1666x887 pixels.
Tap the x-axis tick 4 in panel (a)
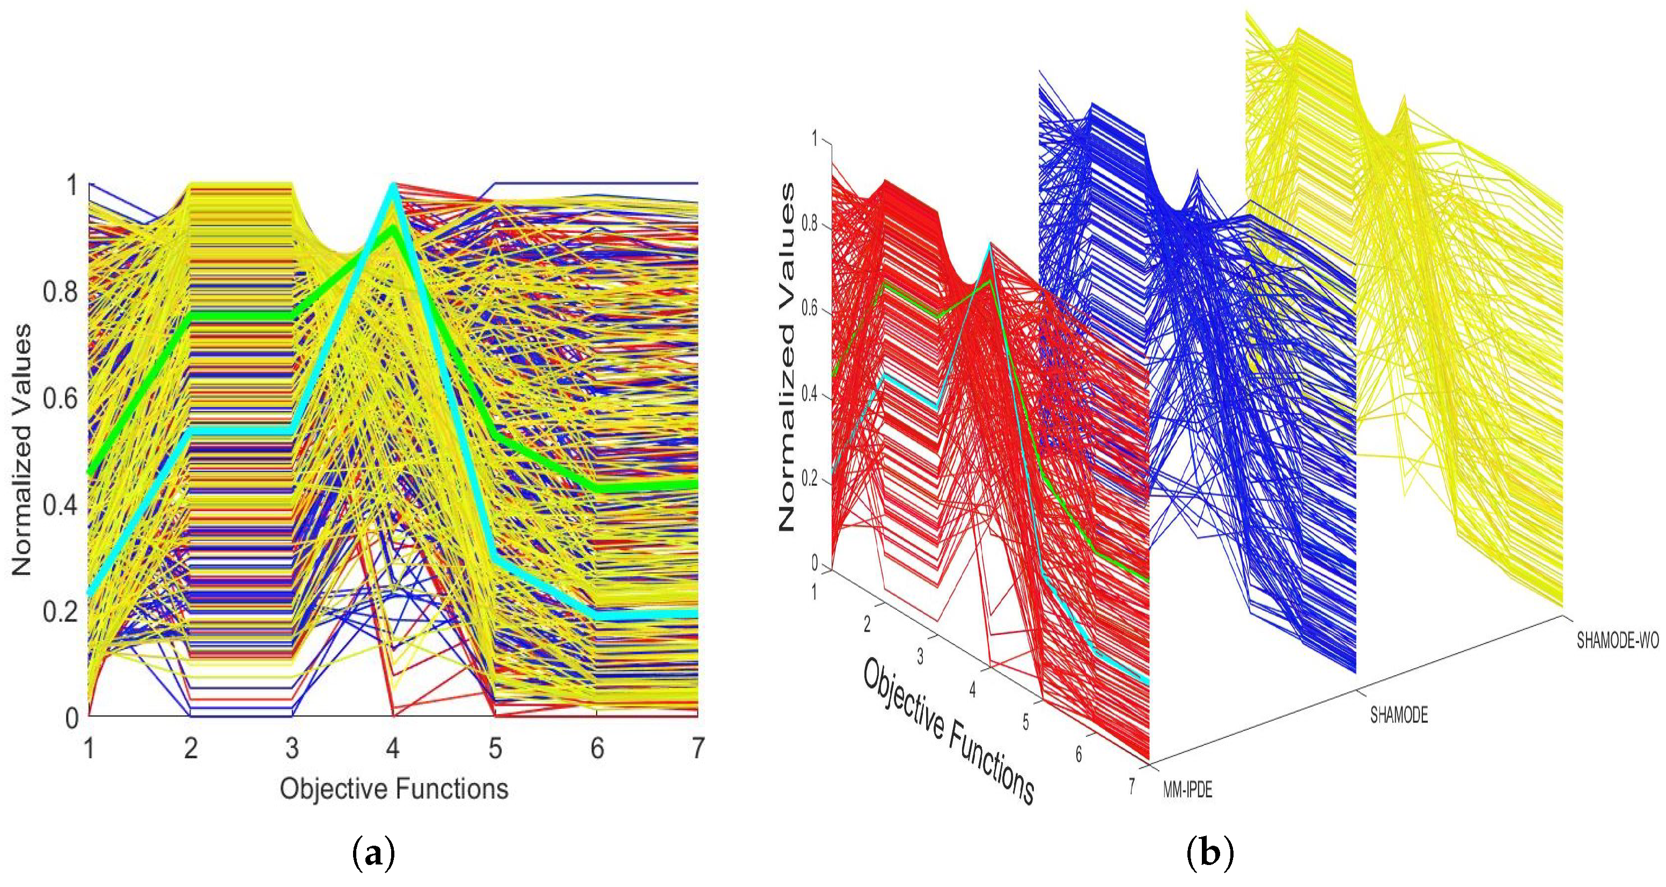click(393, 749)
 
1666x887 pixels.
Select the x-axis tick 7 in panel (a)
click(697, 749)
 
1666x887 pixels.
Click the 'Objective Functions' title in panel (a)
click(394, 789)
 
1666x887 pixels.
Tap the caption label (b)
click(1210, 855)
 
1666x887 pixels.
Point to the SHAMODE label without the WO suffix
click(1399, 716)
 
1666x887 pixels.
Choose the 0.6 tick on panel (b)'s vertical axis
click(809, 309)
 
